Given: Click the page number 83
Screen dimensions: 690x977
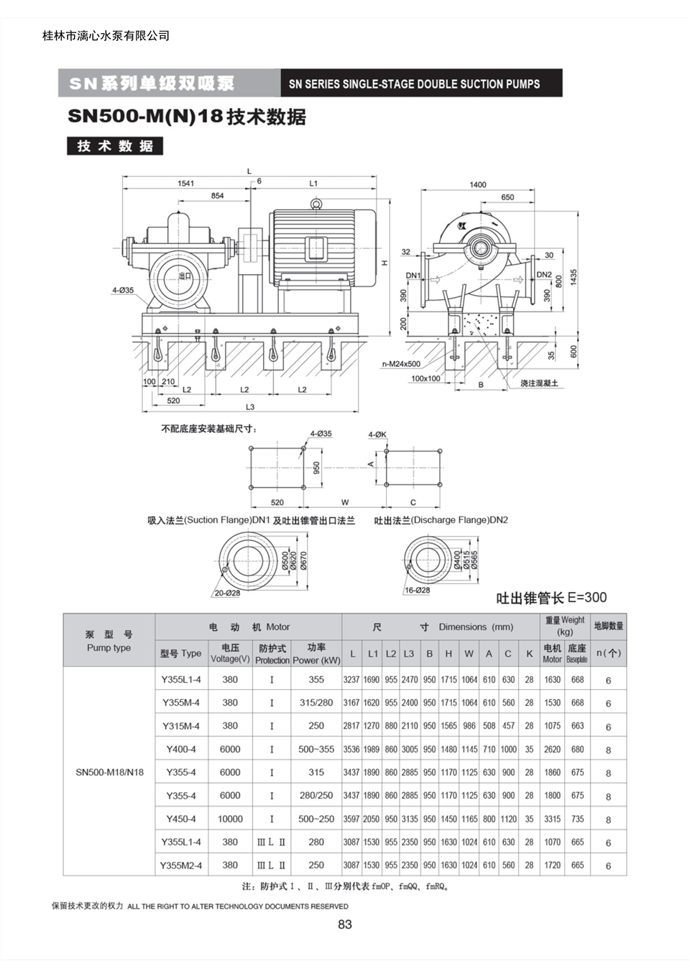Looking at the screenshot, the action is pos(344,924).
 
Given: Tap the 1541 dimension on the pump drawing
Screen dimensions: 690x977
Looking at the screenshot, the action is pos(186,183).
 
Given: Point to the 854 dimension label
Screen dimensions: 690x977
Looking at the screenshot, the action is pos(217,196).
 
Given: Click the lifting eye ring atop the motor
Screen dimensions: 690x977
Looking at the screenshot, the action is pos(316,203).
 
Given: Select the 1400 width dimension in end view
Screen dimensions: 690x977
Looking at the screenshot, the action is pos(477,184).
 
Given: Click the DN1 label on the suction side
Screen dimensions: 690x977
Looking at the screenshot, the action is pos(413,276).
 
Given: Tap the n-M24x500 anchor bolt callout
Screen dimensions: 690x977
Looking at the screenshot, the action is pos(401,364).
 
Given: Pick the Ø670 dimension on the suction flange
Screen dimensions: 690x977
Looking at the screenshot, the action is pos(303,561).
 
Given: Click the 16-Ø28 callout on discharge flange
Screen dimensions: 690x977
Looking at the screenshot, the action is pos(418,590).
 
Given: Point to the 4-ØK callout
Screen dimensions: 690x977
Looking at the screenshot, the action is pos(377,435).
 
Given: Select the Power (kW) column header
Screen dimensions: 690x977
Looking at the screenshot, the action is pos(316,660).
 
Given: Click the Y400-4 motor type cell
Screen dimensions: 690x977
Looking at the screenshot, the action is pos(181,749).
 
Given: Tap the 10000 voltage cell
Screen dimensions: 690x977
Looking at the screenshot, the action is pos(230,819).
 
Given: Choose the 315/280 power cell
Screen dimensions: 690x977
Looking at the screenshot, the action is pos(316,703).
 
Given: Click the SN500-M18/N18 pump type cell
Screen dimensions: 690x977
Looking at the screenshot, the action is pos(109,772).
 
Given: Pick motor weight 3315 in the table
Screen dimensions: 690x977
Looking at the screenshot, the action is pos(552,819).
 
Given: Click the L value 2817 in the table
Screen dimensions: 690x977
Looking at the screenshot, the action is pos(351,726).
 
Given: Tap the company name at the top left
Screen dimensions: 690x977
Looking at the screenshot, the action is pos(106,36).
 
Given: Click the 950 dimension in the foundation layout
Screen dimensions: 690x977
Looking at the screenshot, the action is pos(317,468).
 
